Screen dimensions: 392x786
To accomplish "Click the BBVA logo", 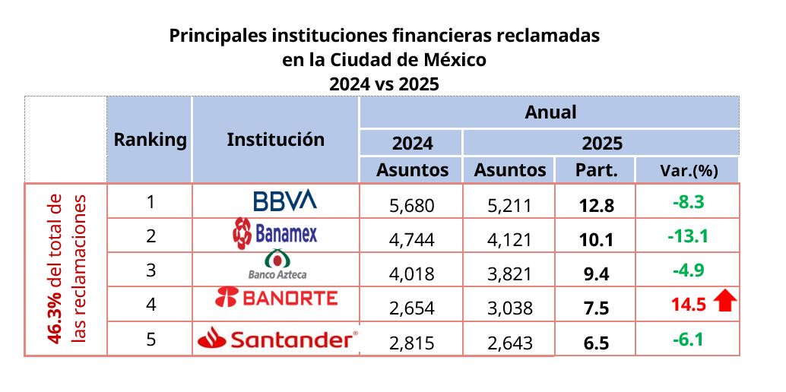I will point(284,201).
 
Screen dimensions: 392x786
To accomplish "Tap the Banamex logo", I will point(274,235).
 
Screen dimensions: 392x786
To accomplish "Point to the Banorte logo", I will point(277,298).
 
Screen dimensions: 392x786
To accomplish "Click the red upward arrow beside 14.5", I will point(727,304).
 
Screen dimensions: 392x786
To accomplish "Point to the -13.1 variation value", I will point(687,236).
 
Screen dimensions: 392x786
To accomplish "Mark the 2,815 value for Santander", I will point(410,341).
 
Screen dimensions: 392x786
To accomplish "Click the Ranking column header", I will point(150,140).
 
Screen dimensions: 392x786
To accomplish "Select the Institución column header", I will point(275,140).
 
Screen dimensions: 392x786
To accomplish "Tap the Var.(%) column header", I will point(688,170).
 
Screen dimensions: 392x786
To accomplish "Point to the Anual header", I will point(550,112).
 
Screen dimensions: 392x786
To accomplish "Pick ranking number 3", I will point(151,270).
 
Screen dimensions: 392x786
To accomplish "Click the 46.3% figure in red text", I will point(55,321).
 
